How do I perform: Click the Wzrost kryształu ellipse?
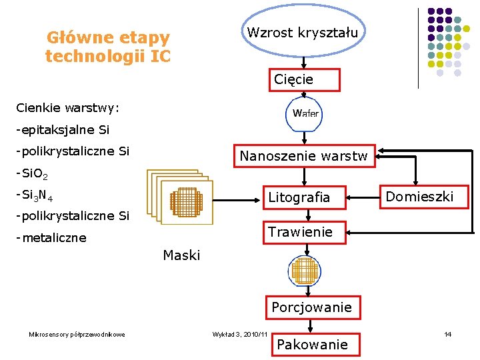tap(303, 31)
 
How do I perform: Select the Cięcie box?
tap(304, 79)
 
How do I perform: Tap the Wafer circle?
tap(305, 113)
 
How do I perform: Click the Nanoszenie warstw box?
tap(303, 156)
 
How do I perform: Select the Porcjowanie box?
tap(312, 307)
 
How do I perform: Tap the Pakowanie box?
tap(312, 344)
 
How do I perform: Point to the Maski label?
tap(181, 255)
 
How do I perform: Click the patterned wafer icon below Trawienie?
tap(305, 270)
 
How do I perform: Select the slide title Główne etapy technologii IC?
tap(108, 47)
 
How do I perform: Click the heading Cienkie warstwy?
tap(68, 107)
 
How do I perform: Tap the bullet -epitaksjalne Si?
tap(63, 129)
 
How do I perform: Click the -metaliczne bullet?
tap(51, 238)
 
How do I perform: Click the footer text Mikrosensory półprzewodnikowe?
tap(77, 334)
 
